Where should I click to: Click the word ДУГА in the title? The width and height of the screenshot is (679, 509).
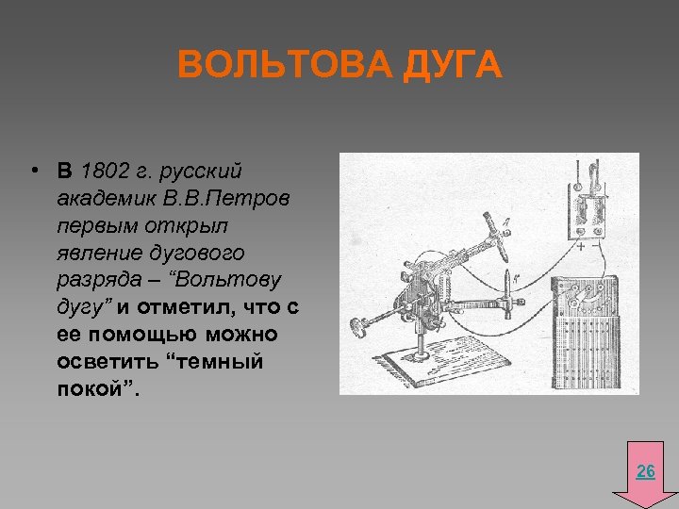[x=451, y=68]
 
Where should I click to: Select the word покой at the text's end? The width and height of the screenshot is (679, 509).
[x=91, y=389]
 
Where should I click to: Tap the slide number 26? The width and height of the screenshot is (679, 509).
[x=646, y=471]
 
